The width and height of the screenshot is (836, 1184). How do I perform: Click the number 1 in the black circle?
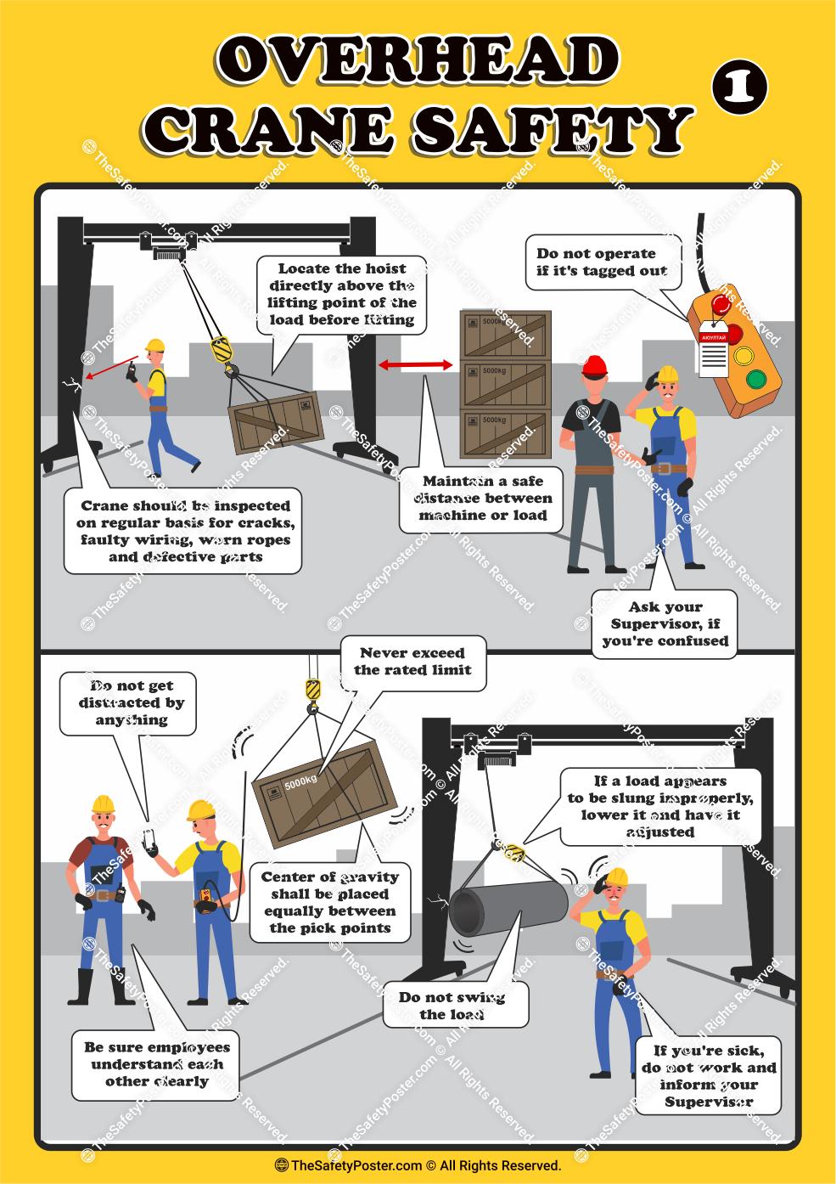tap(740, 87)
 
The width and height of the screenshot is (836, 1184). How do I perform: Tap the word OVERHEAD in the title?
tap(418, 59)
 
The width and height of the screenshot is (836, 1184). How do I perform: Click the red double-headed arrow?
tap(415, 364)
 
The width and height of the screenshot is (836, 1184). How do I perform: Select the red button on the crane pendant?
tap(721, 305)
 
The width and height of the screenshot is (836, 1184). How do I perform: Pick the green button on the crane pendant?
tap(755, 379)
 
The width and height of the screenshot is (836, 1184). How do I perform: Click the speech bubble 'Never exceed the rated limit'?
tap(412, 662)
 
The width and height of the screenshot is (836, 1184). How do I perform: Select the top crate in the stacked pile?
tap(505, 334)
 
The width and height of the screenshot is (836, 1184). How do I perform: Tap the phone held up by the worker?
tap(149, 840)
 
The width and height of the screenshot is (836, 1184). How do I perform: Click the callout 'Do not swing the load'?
tap(452, 1006)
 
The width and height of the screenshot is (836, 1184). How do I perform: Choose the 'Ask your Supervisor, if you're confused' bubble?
tap(665, 624)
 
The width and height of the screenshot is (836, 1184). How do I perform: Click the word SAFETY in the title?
tap(552, 130)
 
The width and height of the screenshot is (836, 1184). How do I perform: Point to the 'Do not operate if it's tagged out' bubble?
tap(602, 262)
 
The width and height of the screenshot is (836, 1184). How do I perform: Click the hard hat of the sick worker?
tap(617, 877)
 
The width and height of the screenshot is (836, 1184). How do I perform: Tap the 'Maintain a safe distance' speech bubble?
tap(482, 499)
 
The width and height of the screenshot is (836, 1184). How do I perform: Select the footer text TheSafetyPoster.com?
tap(356, 1165)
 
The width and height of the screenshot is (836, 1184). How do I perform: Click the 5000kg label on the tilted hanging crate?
tap(300, 781)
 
